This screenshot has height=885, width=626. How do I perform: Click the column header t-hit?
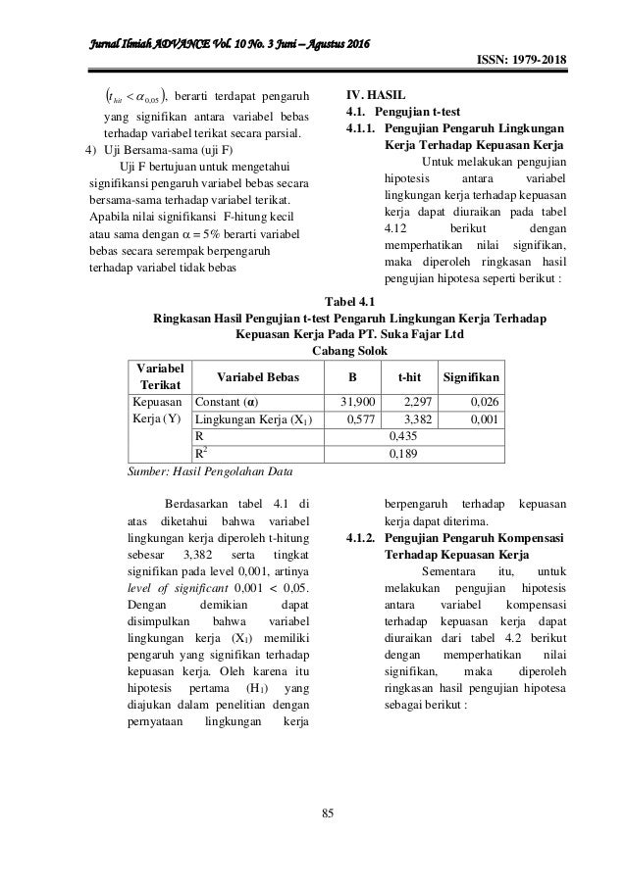pyautogui.click(x=409, y=375)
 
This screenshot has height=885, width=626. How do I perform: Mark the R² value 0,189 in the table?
pyautogui.click(x=402, y=454)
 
